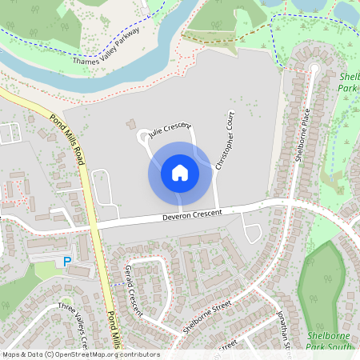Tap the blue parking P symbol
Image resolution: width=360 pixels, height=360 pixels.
tap(67, 262)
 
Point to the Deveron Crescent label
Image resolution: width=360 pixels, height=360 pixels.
tap(191, 214)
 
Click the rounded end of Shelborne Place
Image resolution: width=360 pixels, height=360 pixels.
tap(313, 70)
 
